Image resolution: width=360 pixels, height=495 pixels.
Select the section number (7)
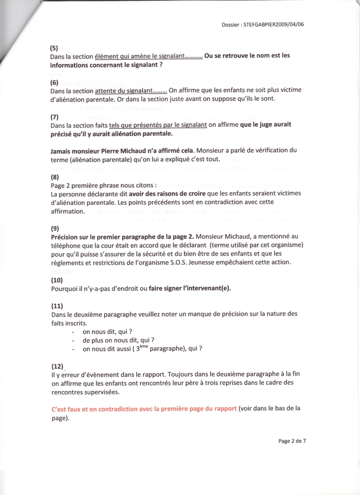[54, 117]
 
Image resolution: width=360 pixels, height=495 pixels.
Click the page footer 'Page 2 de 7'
[292, 441]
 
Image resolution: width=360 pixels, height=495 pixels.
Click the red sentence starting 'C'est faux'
[144, 409]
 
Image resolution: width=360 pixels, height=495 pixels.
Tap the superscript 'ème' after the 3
[143, 347]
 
